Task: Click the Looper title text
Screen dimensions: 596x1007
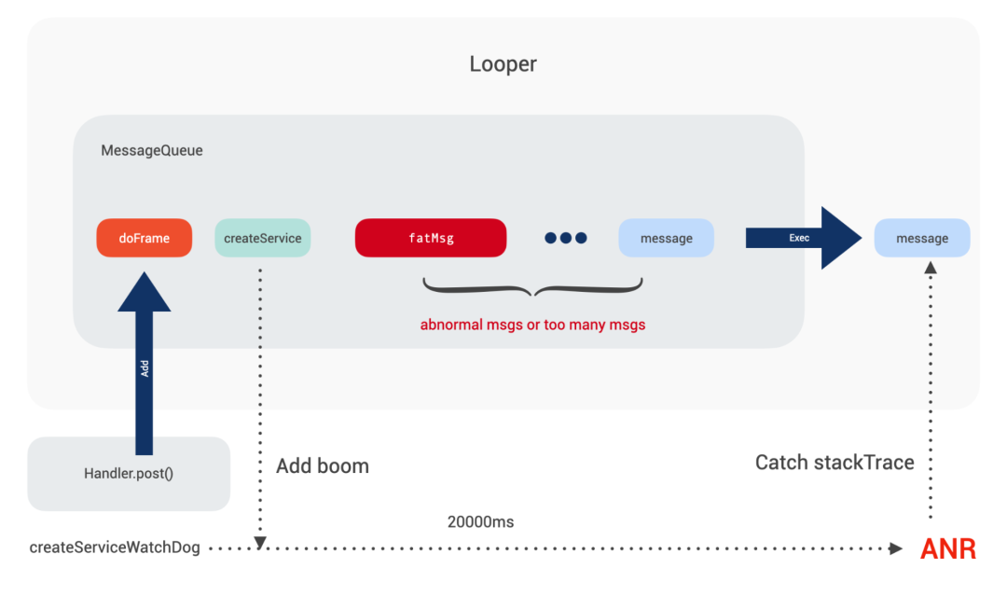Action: tap(503, 64)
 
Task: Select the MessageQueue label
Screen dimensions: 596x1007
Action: tap(151, 150)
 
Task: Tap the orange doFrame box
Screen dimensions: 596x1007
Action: tap(145, 238)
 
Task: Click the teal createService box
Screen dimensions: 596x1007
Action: tap(263, 238)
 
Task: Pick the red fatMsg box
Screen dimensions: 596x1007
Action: tap(431, 238)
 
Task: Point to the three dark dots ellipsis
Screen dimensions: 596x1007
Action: tap(566, 238)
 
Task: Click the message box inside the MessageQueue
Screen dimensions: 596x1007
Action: tap(667, 238)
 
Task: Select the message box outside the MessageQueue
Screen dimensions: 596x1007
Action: tap(922, 238)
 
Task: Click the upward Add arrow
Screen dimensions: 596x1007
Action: tap(145, 364)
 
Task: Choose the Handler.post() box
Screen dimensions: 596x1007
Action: tap(129, 473)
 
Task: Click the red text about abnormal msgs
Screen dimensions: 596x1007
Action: tap(532, 326)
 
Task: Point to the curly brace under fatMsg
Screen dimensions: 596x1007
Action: tap(532, 287)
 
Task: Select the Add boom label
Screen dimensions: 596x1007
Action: tap(323, 465)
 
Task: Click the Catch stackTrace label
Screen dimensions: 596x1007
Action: tap(834, 462)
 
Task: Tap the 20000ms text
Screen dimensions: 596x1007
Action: tap(481, 521)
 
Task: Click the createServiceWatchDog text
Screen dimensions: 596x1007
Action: tap(115, 547)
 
